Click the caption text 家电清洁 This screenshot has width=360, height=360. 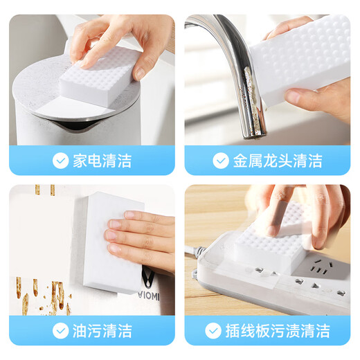102,161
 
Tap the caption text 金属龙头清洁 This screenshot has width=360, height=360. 277,161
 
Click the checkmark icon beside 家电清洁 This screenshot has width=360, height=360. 61,161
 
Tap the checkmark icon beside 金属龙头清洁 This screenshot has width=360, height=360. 221,161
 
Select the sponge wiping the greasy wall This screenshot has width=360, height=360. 97,242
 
